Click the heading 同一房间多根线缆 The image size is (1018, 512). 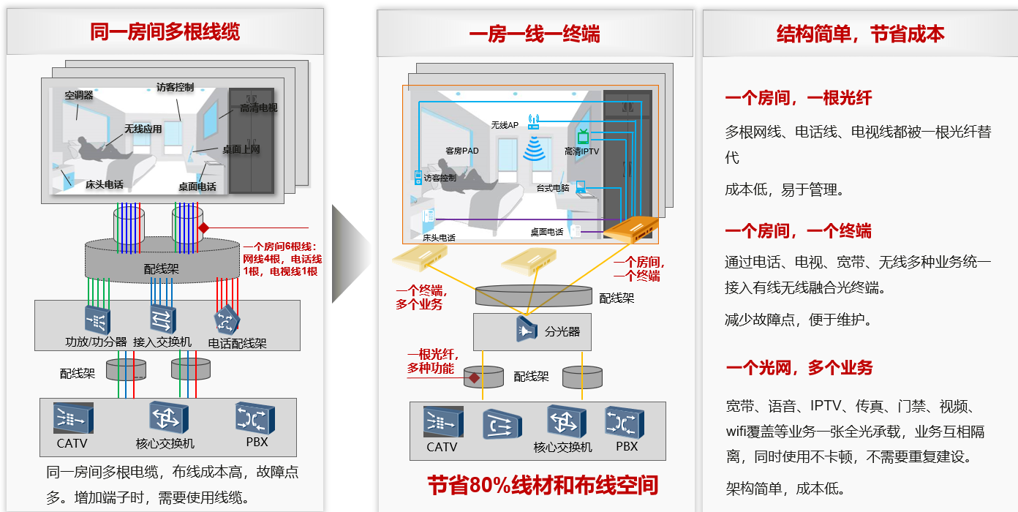click(165, 32)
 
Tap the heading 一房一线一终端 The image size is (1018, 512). click(535, 34)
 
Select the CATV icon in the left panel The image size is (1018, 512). click(73, 418)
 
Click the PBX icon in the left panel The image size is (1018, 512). click(255, 418)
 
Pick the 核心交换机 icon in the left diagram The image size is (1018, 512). click(169, 418)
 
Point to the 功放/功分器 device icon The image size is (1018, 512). click(97, 320)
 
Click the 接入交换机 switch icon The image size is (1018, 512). click(162, 319)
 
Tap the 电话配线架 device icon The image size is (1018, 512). click(227, 320)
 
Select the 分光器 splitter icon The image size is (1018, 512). click(527, 328)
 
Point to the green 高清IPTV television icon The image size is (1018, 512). click(583, 136)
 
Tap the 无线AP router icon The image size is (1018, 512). click(534, 121)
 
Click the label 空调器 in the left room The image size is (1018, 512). click(79, 95)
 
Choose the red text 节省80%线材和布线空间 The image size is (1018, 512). click(543, 485)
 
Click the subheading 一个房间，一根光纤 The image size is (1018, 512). click(799, 98)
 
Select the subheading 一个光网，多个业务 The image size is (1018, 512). click(799, 367)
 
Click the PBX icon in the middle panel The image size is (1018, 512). click(625, 423)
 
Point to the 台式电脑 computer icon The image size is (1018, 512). click(581, 187)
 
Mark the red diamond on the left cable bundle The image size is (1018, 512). click(203, 227)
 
